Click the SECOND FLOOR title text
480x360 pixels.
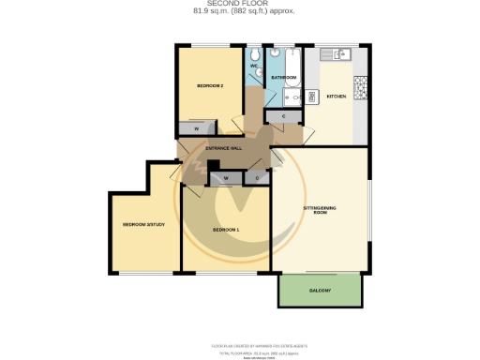pyautogui.click(x=239, y=4)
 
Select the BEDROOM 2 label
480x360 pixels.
pyautogui.click(x=209, y=86)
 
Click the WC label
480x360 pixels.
pyautogui.click(x=254, y=66)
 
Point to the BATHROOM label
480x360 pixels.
pyautogui.click(x=284, y=77)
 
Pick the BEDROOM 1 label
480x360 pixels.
pyautogui.click(x=226, y=230)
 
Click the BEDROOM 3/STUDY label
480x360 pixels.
pyautogui.click(x=143, y=225)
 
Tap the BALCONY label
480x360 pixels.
pyautogui.click(x=320, y=291)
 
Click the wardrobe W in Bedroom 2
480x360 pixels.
pyautogui.click(x=197, y=128)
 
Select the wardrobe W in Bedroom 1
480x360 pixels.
pyautogui.click(x=226, y=177)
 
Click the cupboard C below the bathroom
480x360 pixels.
pyautogui.click(x=284, y=116)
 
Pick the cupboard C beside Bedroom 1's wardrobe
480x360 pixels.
pyautogui.click(x=257, y=177)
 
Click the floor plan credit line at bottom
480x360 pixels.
pyautogui.click(x=239, y=345)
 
